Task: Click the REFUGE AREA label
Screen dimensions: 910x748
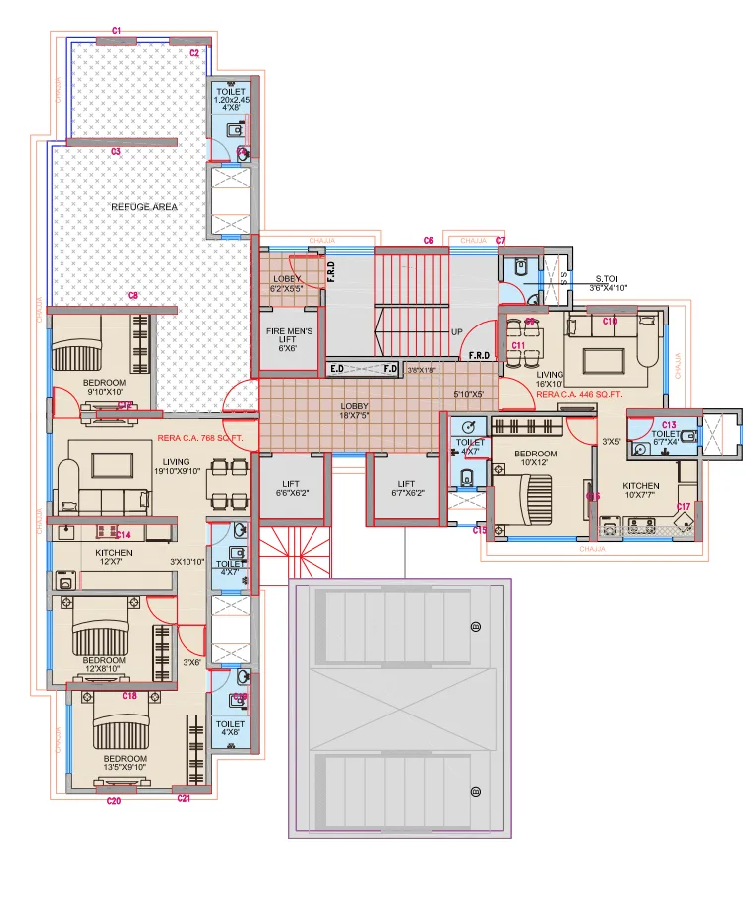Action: (151, 207)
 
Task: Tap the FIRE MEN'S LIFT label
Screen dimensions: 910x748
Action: (289, 339)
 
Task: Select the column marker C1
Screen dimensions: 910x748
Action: (116, 32)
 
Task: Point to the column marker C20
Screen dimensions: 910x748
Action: (113, 800)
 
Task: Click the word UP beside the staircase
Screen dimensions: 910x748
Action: (458, 332)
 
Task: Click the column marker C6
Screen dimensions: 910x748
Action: (429, 241)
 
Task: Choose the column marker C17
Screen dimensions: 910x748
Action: (684, 508)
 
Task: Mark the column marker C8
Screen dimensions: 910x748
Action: (133, 296)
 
